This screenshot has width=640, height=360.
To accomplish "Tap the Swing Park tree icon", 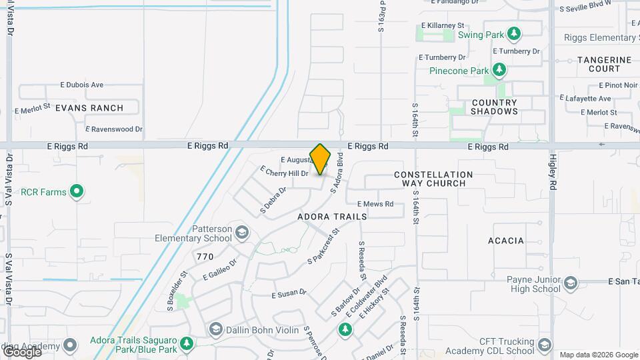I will point(513,33).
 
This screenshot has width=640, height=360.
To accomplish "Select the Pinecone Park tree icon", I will point(499,70).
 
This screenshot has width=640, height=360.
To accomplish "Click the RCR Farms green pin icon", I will point(77,192).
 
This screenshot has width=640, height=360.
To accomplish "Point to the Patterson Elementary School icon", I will point(242,233).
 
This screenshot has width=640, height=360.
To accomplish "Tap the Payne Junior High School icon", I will point(570,284).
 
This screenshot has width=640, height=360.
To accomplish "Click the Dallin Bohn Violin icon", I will point(215,329).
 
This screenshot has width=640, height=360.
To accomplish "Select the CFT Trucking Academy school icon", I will point(545,345).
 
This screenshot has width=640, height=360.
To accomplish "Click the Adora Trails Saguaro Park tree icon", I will point(187,344).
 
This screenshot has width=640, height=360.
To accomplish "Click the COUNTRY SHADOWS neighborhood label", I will point(494,107).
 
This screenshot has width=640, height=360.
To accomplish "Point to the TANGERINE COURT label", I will point(599,64).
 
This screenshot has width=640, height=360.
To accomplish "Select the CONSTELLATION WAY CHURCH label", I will point(433,179).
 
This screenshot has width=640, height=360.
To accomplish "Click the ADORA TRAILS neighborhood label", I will point(332,217).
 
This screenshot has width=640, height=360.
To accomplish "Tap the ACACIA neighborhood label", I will point(506,241).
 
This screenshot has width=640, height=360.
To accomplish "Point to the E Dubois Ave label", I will point(82,85).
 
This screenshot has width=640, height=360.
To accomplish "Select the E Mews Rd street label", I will point(375,204).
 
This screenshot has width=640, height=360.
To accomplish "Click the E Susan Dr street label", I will point(289,293).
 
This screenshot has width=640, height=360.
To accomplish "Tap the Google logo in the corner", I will point(21,351).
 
